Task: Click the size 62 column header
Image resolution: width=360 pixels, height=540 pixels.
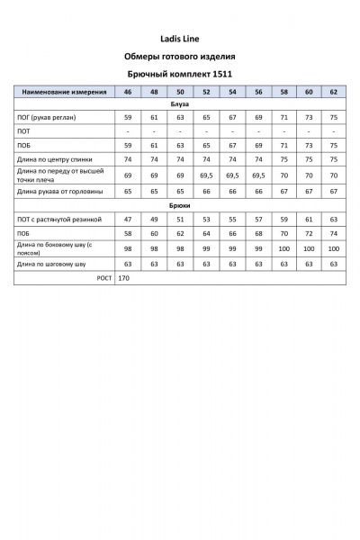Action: (x=334, y=93)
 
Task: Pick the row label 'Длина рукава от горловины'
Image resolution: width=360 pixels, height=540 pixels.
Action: (x=59, y=192)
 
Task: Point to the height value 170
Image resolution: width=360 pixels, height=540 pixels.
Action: (x=124, y=279)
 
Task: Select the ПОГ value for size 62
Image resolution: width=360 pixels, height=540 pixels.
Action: (x=334, y=118)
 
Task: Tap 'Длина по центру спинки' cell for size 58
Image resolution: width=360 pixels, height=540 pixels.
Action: (x=283, y=158)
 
